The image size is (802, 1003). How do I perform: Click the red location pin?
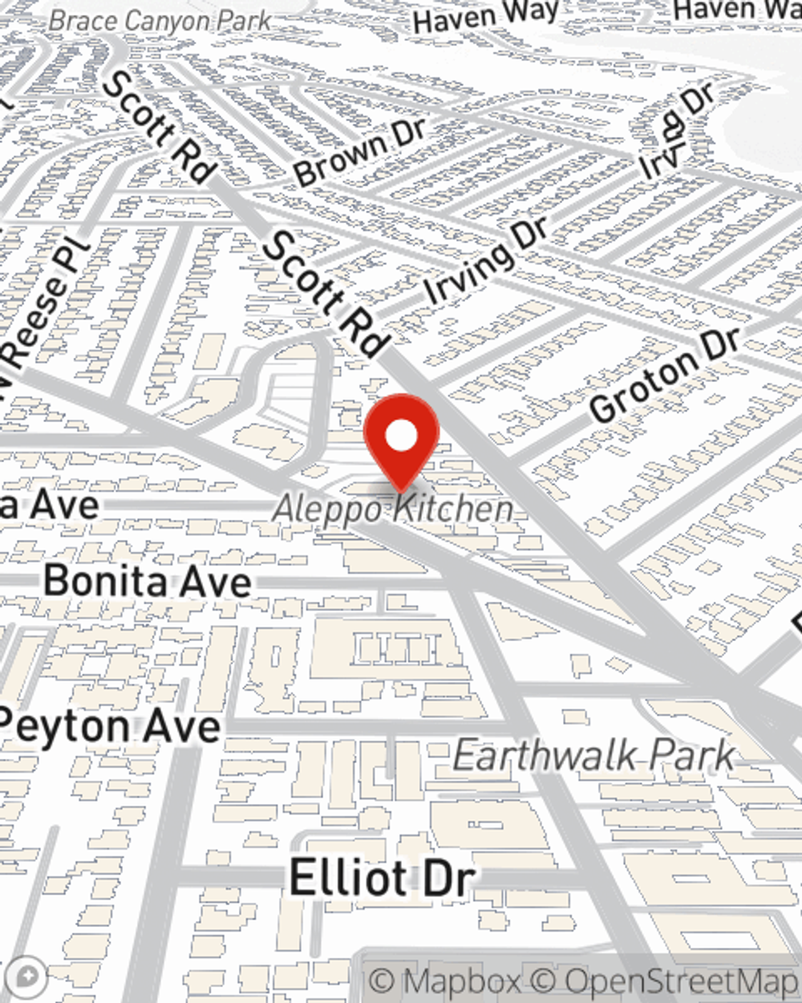click(401, 437)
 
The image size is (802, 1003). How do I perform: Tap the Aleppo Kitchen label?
click(393, 509)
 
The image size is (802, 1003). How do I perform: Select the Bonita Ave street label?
click(148, 580)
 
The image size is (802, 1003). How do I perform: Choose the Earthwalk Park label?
click(593, 755)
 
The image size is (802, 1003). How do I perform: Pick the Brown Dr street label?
click(360, 150)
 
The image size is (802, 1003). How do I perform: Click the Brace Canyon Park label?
click(160, 20)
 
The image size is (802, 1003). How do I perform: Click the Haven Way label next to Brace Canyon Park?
click(485, 17)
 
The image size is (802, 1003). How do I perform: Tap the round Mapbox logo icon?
click(26, 977)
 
